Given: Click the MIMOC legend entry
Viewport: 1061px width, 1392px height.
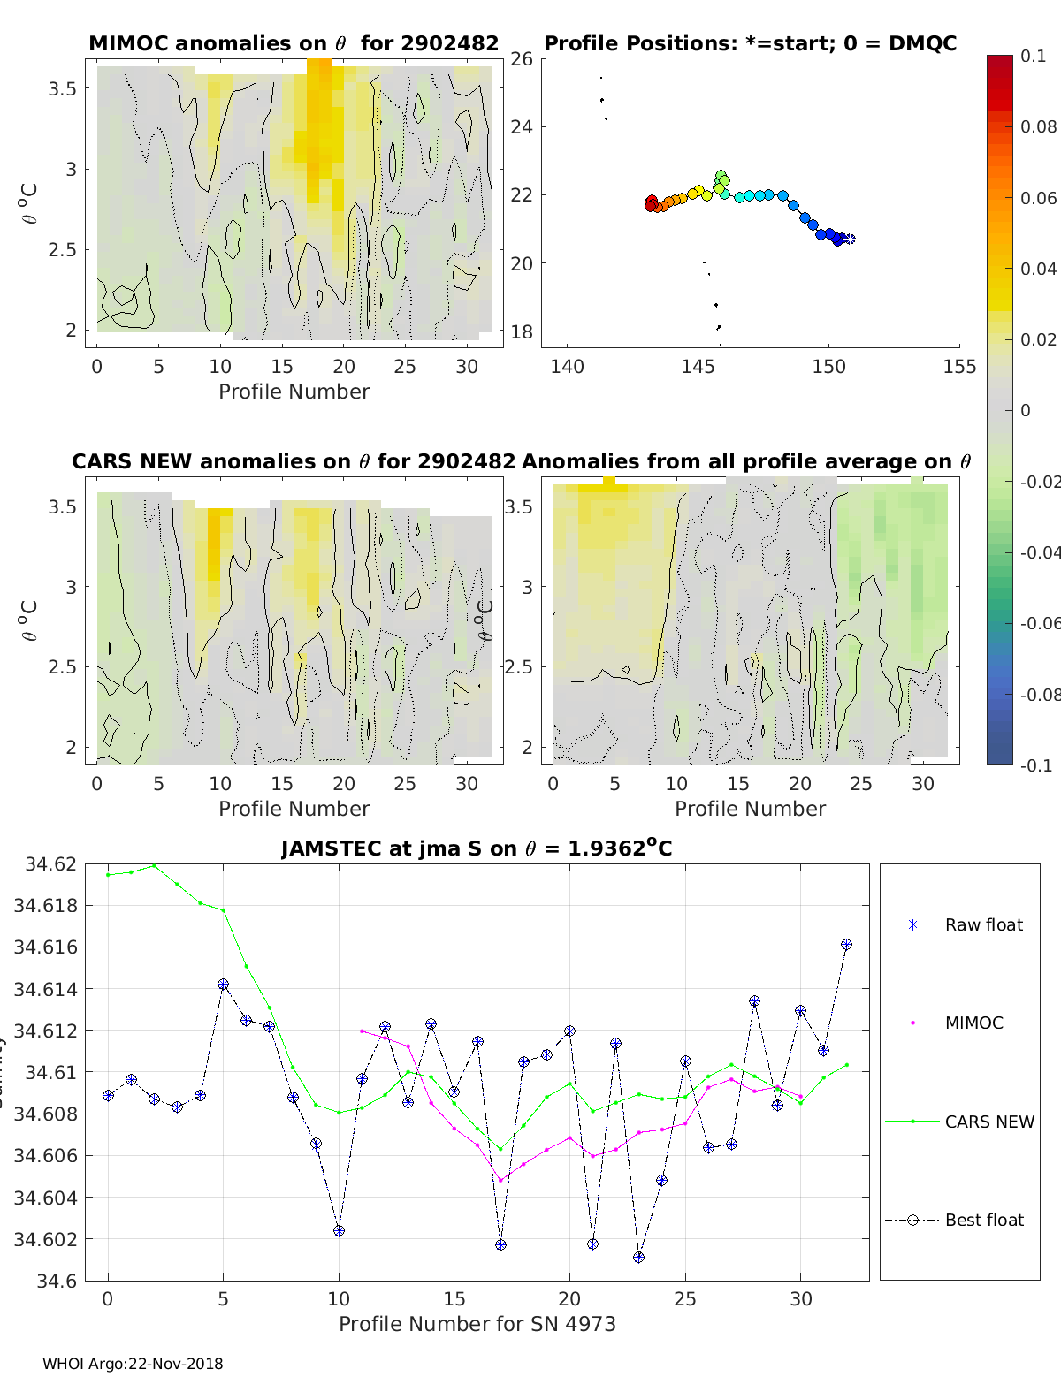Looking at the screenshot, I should point(973,1023).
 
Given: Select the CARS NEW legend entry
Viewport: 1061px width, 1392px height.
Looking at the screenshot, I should point(988,1122).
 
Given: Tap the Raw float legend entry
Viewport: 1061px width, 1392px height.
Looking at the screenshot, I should point(983,924).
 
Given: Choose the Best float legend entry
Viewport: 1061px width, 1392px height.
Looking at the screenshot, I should point(983,1220).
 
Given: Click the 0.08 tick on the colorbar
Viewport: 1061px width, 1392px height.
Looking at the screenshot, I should point(1038,126).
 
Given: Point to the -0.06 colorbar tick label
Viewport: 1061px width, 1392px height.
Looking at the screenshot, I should point(1039,623).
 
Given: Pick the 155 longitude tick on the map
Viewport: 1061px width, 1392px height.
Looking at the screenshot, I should point(959,366).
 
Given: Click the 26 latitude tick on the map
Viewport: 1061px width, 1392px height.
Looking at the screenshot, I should point(522,59).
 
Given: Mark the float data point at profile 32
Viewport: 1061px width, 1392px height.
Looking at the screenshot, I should point(846,945).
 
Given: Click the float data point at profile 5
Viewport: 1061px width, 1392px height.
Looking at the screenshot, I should point(223,985).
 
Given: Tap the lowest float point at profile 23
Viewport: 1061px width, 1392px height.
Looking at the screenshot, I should point(639,1257).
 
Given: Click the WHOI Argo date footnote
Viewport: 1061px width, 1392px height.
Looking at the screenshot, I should point(133,1364).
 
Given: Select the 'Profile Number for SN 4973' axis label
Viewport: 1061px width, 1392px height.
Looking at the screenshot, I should point(477,1324).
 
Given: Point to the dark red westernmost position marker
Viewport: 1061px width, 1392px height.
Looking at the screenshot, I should point(652,203).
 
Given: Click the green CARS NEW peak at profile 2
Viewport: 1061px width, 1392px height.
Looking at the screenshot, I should point(154,865).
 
